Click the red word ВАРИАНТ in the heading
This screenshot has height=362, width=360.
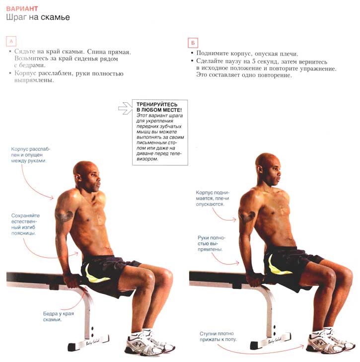tap(22, 9)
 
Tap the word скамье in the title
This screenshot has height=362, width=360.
tap(55, 17)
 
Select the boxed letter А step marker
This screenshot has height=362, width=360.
tap(11, 42)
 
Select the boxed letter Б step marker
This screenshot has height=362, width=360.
tap(193, 43)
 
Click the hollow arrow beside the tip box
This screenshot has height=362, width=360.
tap(125, 108)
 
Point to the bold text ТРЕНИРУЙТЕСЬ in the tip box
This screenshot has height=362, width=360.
tap(157, 104)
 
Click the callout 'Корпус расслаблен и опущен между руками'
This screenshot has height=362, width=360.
tap(30, 154)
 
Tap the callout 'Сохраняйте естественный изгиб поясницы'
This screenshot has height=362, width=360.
tap(25, 224)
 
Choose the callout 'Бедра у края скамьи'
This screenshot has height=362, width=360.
tap(58, 316)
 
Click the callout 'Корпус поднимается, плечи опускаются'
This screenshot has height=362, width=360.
tap(213, 198)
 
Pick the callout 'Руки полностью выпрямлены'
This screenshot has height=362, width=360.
tap(211, 243)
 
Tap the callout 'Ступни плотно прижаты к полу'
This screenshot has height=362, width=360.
tap(218, 336)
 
